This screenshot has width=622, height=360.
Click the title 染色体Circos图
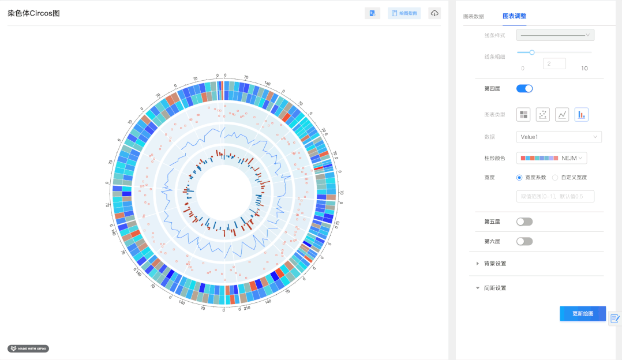33,13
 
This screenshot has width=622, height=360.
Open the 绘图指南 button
404,13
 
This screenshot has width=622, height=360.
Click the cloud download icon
434,13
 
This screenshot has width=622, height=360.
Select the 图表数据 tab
474,16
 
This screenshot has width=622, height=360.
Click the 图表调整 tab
514,16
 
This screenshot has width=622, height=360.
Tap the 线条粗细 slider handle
532,52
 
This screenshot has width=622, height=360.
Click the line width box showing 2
554,64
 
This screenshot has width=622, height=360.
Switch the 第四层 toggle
524,88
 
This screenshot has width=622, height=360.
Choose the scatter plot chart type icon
542,114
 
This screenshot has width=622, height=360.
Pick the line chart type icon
562,114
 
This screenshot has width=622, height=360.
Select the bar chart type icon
582,114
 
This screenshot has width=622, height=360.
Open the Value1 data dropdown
559,137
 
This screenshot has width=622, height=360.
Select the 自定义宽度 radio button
555,177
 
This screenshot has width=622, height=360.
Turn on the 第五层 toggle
524,222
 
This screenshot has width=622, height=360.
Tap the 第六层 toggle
524,241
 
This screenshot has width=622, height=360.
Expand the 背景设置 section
495,264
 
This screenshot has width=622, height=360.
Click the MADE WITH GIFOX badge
28,348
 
